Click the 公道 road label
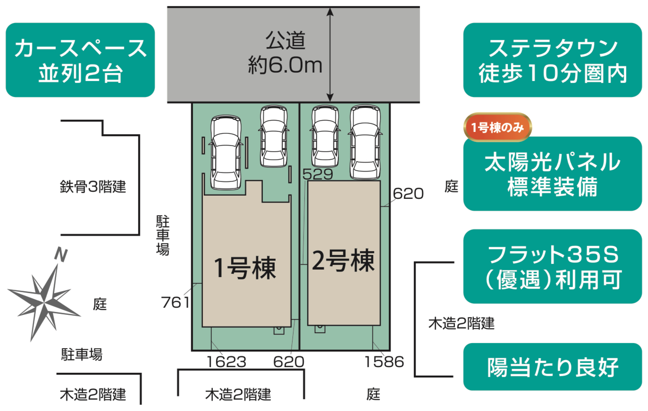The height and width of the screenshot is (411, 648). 285,41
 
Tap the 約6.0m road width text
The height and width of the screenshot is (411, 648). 285,66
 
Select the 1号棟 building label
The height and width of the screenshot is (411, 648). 244,268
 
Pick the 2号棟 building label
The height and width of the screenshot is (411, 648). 343,260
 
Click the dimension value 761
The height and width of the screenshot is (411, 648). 175,302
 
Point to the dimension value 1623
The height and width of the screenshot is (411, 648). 227,362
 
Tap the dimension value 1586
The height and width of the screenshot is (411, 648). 384,362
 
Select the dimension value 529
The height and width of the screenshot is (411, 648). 318,174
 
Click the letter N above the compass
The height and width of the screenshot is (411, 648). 61,255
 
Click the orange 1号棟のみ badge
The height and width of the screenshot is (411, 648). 497,127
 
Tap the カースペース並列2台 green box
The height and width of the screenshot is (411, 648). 80,60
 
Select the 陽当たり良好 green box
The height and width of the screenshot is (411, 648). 552,367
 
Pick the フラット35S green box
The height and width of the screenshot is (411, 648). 552,267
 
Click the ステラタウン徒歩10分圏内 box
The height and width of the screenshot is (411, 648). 552,60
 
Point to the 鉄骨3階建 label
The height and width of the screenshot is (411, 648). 93,187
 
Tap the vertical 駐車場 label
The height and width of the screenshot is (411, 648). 163,235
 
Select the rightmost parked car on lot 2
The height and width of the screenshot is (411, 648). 365,142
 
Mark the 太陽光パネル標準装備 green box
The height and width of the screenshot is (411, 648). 552,174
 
